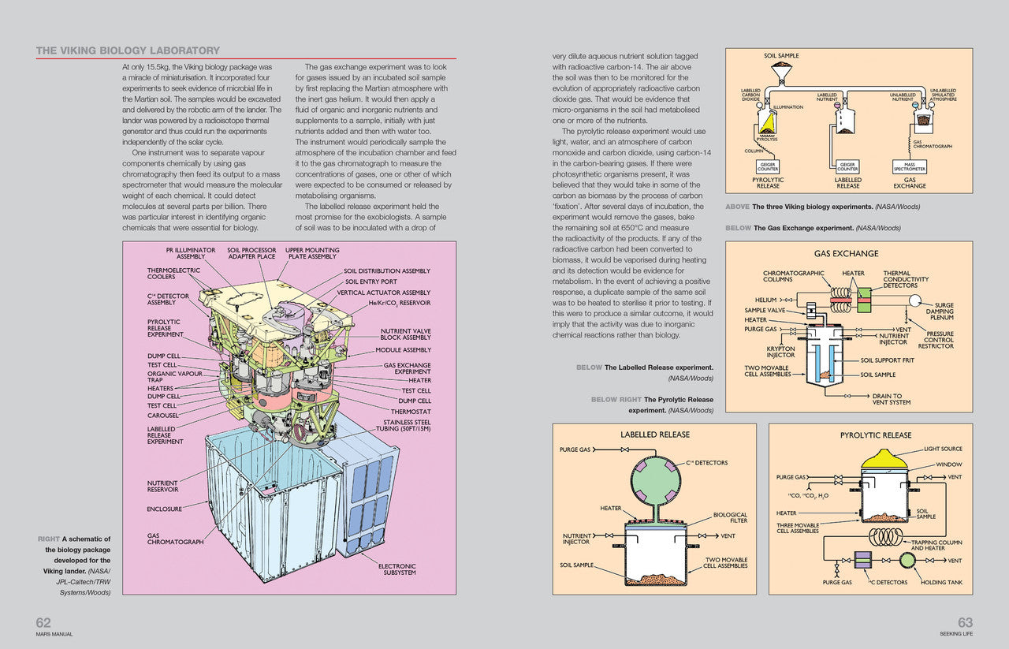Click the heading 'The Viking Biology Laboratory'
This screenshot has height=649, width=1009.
point(128,51)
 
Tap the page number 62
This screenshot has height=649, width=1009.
point(43,622)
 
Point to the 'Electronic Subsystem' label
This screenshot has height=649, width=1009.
point(397,569)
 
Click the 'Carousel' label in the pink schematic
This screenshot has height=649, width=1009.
point(163,415)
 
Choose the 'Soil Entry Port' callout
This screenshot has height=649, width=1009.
point(370,282)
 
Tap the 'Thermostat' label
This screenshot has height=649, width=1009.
point(411,412)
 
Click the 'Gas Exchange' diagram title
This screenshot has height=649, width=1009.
point(846,254)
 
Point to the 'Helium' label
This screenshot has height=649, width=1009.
point(765,300)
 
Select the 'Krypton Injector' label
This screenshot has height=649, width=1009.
point(780,352)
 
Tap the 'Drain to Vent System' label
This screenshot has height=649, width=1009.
point(891,399)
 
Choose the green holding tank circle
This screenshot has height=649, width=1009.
point(908,560)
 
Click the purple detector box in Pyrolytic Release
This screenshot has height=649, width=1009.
point(862,560)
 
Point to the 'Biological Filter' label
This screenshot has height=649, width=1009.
point(730,517)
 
